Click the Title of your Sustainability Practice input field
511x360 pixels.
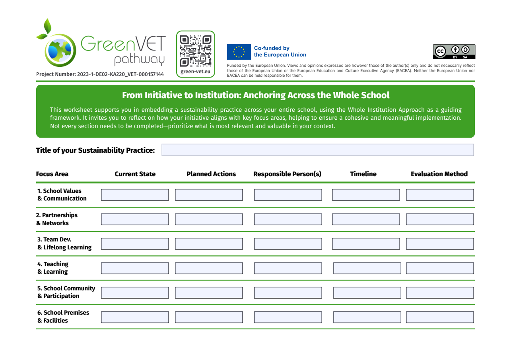317,150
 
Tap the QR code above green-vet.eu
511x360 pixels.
195,51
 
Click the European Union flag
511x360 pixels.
239,52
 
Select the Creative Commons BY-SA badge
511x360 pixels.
455,52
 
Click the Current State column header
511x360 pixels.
135,174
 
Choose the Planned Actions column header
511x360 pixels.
211,174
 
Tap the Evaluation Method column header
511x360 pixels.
439,174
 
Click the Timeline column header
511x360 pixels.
363,174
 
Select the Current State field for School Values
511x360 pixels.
135,195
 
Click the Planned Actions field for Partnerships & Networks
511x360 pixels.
209,219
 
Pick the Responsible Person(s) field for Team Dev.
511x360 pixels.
288,244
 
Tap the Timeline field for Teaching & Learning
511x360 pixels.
367,268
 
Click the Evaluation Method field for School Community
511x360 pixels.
440,293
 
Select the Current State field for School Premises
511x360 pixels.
135,317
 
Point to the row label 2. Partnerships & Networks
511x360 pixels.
57,219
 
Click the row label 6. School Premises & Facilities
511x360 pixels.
63,317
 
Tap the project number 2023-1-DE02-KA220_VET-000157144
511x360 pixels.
100,74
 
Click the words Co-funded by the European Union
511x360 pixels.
280,52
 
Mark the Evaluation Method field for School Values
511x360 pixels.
440,195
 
